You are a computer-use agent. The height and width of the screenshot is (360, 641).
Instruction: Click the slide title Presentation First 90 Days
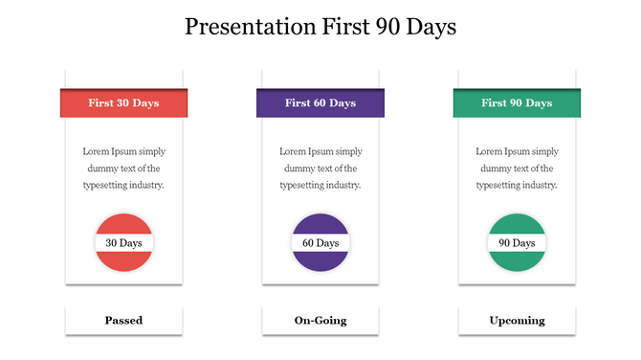click(x=320, y=27)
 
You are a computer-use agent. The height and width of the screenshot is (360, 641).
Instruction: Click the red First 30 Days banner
click(x=123, y=102)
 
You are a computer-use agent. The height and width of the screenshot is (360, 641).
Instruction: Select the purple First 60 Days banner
click(x=320, y=102)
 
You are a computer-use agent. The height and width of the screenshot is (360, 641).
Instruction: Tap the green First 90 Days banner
click(x=517, y=102)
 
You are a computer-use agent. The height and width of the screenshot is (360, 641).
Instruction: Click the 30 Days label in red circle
click(x=123, y=243)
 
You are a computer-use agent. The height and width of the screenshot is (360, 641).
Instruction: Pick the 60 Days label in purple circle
click(x=320, y=243)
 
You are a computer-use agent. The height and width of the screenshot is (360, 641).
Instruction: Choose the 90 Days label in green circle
click(x=517, y=243)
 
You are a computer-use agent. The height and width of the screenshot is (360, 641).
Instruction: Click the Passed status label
click(x=123, y=321)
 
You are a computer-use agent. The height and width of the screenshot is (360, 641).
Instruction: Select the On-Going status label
click(x=320, y=321)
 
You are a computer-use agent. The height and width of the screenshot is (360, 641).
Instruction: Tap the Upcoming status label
click(x=517, y=321)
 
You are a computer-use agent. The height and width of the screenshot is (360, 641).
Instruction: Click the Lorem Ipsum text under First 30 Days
click(x=123, y=169)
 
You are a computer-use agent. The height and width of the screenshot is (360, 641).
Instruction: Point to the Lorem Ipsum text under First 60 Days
click(x=320, y=169)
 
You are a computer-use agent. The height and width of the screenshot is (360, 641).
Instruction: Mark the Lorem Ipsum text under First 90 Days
click(x=517, y=169)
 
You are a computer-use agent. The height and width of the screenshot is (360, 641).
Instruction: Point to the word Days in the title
click(x=429, y=27)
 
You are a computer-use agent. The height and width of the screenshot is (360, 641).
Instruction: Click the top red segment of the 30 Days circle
click(x=123, y=224)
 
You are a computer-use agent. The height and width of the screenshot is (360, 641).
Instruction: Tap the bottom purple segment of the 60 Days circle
click(x=320, y=260)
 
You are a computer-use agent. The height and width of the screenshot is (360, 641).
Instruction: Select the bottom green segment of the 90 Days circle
click(x=517, y=260)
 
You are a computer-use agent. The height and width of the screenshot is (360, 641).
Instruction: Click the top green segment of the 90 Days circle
click(x=517, y=224)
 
